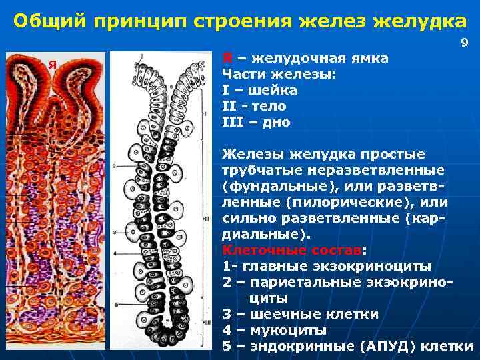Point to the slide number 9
(x=465, y=43)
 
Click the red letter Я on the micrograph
(x=51, y=64)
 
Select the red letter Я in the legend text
(x=227, y=58)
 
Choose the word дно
(x=274, y=122)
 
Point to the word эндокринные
(x=298, y=346)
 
